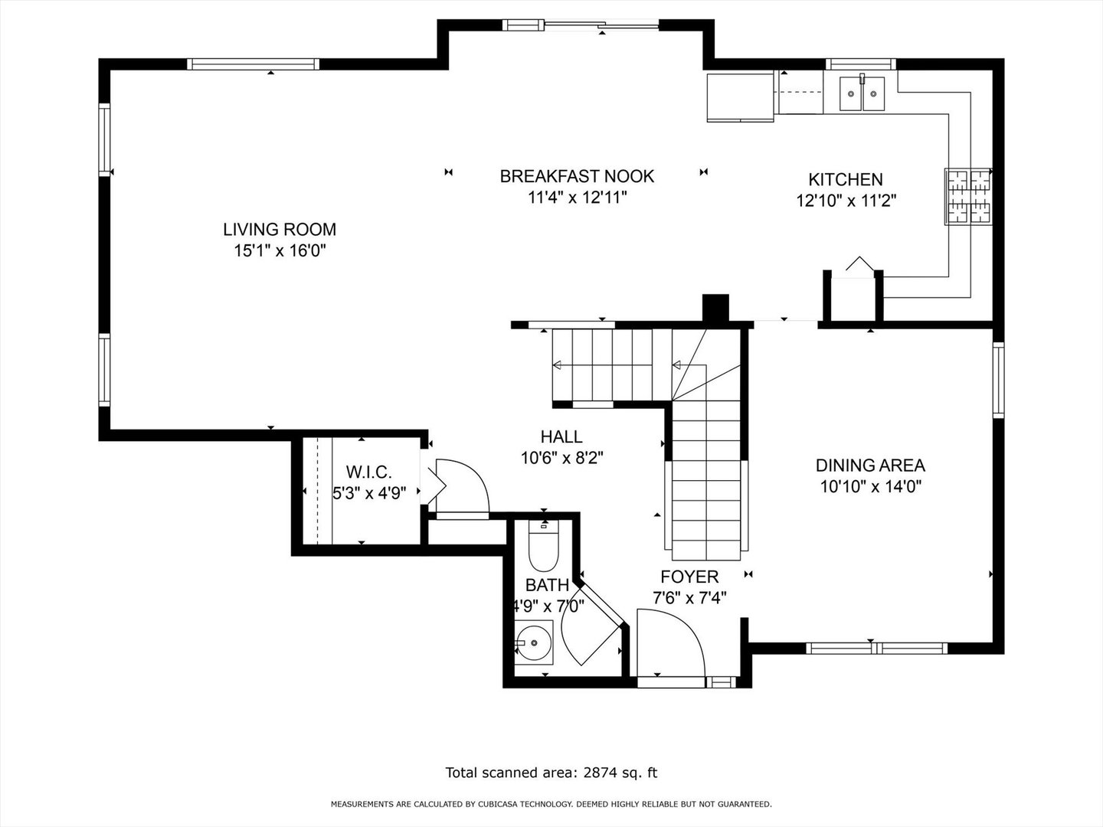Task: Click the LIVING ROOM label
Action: (x=280, y=229)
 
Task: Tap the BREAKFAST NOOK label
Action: (x=577, y=176)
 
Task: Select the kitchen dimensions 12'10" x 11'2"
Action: (x=846, y=201)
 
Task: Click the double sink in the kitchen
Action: (x=862, y=93)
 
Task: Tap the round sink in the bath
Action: (x=533, y=642)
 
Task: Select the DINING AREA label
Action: (x=870, y=465)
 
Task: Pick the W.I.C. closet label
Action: (x=368, y=472)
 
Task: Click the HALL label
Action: (x=561, y=436)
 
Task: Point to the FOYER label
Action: (x=689, y=577)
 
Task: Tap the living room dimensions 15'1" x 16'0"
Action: (x=280, y=250)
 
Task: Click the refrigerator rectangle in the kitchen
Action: (x=740, y=97)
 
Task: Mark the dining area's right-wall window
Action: (x=998, y=380)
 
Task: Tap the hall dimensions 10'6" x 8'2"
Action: (x=562, y=458)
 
